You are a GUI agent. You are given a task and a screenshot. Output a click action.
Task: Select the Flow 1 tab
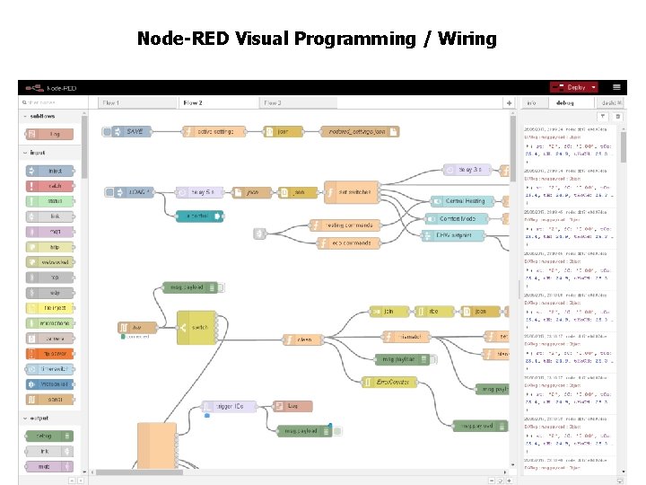pos(113,103)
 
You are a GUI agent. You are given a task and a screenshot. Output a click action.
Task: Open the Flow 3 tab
pos(273,103)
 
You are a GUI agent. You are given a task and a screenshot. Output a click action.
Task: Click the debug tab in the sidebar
pos(565,103)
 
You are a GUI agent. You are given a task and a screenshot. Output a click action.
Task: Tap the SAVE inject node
pos(131,131)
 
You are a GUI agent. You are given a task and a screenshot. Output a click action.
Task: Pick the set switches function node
pos(354,192)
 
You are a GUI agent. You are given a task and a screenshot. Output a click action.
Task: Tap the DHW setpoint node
pos(453,235)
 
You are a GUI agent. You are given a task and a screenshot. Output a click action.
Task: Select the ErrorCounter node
pos(389,382)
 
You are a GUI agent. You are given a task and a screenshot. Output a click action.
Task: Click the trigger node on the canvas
pos(228,406)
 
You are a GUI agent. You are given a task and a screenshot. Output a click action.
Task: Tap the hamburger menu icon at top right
pos(616,87)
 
